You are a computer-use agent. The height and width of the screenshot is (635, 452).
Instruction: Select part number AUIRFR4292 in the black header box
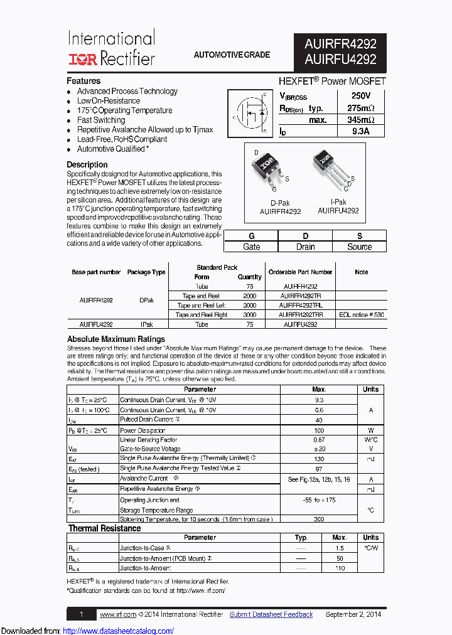point(340,44)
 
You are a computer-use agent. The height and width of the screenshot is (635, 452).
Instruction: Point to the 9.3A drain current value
point(360,131)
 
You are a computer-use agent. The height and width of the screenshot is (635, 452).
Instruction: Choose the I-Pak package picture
point(330,168)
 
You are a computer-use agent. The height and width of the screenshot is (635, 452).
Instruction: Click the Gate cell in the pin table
point(251,247)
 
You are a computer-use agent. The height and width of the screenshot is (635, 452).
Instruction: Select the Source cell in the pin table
point(359,247)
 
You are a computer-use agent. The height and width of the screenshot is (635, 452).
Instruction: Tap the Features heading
point(83,81)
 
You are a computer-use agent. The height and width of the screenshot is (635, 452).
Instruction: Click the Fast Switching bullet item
point(101,120)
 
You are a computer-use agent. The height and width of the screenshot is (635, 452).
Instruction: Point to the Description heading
point(87,164)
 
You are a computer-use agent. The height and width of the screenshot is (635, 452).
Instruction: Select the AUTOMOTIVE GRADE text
point(232,55)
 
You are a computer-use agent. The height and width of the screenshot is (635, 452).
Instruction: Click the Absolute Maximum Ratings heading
point(116,339)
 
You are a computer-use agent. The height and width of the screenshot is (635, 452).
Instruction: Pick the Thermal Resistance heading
point(104,528)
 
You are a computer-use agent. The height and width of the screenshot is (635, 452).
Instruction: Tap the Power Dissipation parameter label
point(143,430)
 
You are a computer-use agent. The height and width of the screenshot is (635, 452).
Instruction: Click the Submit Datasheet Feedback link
point(271,614)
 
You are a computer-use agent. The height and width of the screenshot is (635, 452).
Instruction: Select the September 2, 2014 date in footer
point(353,614)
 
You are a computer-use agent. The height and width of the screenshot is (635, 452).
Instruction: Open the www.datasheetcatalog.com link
point(119,631)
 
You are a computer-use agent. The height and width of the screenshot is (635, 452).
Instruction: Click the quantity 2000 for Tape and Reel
point(249,296)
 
